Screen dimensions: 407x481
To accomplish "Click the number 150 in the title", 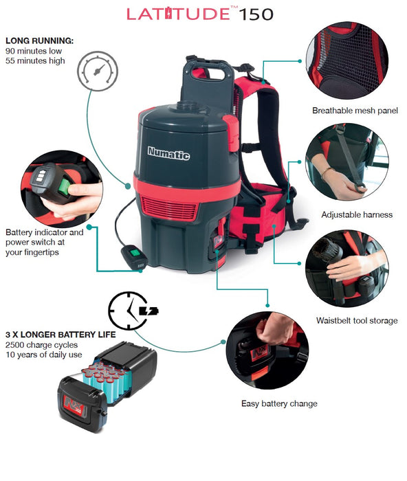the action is click(x=256, y=14).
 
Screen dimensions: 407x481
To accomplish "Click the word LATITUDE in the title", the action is click(x=178, y=14).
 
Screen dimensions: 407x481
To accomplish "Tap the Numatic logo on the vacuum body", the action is click(x=168, y=153).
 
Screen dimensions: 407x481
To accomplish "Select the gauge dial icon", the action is click(x=98, y=71).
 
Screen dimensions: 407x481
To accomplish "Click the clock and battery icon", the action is click(x=133, y=311).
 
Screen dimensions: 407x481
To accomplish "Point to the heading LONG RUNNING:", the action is click(x=40, y=41).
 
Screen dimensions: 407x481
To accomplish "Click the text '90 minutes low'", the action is click(x=34, y=51).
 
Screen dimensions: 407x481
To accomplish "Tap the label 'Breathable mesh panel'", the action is click(x=355, y=111).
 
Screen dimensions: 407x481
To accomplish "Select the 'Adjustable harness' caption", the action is click(x=357, y=214).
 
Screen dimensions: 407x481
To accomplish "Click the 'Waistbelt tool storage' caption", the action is click(x=357, y=321).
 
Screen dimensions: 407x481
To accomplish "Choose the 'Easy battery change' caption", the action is click(x=279, y=403).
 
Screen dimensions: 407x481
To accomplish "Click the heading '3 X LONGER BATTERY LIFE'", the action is click(x=60, y=335).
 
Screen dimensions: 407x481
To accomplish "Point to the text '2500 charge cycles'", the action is click(x=41, y=345).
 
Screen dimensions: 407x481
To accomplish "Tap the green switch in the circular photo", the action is click(x=65, y=187).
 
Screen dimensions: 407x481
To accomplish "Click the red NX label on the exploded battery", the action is click(x=74, y=405).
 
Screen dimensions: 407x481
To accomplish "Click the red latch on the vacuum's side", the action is click(x=232, y=133).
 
